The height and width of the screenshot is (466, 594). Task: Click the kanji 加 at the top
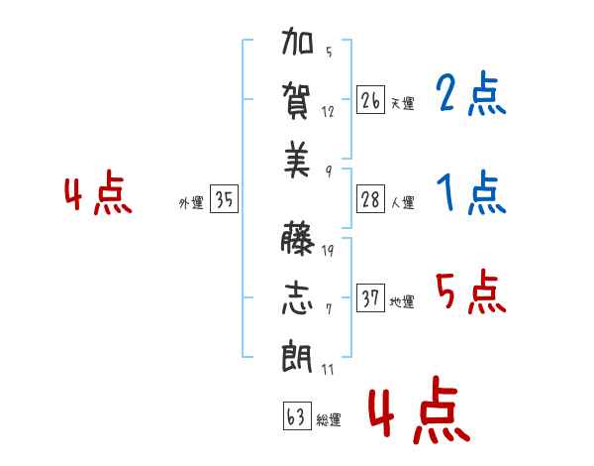297,41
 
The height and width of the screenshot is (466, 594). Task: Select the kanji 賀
296,101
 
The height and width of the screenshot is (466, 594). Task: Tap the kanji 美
297,160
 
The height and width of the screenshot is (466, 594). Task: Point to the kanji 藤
298,238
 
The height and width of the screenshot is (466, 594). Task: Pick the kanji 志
297,297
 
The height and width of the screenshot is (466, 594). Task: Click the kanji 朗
297,356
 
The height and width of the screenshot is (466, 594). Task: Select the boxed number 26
370,100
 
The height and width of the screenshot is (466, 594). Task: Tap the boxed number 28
370,199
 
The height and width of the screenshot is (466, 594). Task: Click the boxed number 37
370,297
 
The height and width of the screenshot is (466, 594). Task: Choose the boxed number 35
224,198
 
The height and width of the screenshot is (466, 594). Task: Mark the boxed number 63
297,415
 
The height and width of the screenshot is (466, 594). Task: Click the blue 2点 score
471,93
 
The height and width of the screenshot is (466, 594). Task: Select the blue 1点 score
471,192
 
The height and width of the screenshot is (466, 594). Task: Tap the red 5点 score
471,291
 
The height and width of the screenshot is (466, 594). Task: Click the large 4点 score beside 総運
420,409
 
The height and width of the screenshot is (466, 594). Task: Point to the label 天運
403,103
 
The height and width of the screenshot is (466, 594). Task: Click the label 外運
191,203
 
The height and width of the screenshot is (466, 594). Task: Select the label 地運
402,301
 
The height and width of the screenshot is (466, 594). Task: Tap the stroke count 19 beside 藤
328,250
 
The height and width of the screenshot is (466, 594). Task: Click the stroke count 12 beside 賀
328,112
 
